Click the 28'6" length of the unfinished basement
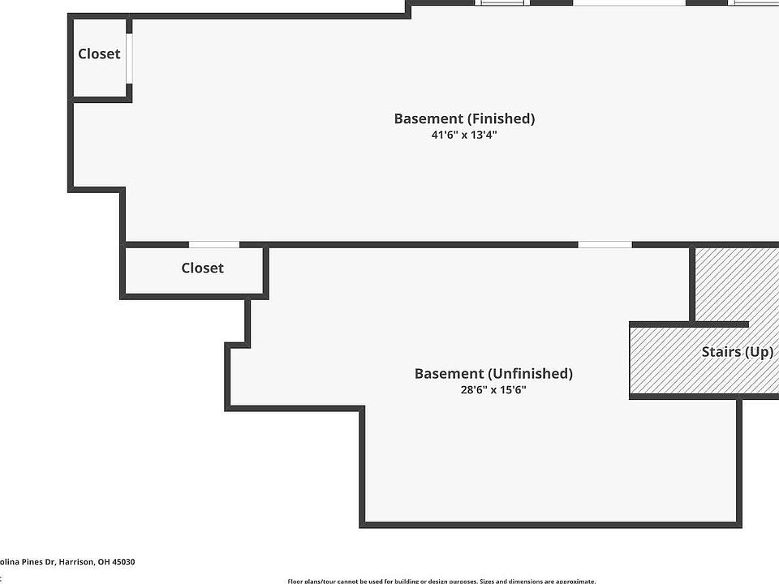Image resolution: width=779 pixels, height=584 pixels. click(x=475, y=389)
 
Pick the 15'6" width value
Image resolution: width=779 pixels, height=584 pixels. click(x=512, y=389)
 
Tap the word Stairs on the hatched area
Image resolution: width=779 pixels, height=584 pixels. click(x=721, y=352)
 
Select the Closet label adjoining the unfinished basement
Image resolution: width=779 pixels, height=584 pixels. click(x=202, y=268)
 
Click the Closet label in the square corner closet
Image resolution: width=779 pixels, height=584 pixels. click(x=99, y=54)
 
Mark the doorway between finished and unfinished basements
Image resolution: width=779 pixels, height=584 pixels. click(x=605, y=244)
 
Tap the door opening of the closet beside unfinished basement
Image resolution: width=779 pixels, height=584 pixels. click(x=214, y=244)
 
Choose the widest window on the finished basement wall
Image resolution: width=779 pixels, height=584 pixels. click(x=629, y=2)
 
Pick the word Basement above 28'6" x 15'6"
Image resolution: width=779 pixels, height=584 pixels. click(x=448, y=374)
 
